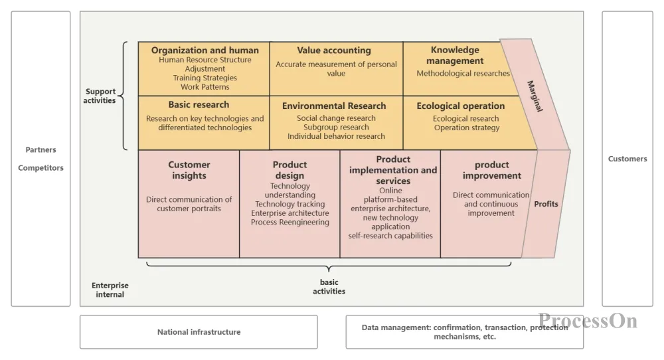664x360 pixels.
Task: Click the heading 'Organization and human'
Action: tap(205, 50)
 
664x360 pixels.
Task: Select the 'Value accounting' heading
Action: tap(334, 50)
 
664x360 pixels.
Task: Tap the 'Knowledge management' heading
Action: tap(455, 55)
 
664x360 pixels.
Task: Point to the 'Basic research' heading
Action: tap(199, 105)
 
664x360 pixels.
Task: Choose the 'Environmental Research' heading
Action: tap(334, 106)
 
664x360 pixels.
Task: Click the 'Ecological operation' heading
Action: tap(461, 106)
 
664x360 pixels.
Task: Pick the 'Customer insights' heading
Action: tap(189, 170)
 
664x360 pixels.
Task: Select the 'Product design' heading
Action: tap(290, 170)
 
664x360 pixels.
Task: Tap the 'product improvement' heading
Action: tap(492, 170)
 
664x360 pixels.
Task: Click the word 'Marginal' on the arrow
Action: tap(535, 96)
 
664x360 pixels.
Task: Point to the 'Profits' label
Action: tap(546, 204)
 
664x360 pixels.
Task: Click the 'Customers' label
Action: tap(627, 159)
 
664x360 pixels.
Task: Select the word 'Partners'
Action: tap(41, 150)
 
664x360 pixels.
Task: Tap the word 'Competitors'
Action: tap(41, 168)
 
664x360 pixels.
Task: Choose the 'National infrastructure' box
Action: tap(199, 332)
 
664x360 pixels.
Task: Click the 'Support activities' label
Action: tap(100, 96)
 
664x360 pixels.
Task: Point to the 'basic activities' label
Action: tap(329, 287)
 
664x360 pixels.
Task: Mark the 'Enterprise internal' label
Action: tap(110, 290)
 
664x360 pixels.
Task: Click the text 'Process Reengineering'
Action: tap(290, 223)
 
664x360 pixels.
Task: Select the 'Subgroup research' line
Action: tap(336, 128)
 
